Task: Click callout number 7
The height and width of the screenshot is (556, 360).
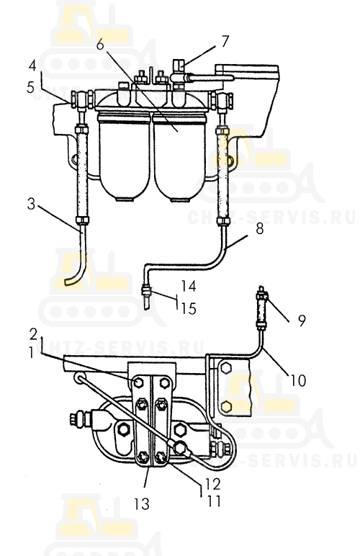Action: coord(225,41)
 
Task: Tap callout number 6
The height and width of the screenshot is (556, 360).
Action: coord(101,45)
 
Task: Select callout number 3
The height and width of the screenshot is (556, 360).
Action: coord(32,204)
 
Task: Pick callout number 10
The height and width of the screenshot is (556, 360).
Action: coord(298,380)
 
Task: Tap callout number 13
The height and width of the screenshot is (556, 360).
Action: coord(141,503)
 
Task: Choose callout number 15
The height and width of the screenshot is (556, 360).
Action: coord(189,308)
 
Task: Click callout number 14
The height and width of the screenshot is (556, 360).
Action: coord(189,286)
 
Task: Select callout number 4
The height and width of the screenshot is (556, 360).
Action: coord(32,66)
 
